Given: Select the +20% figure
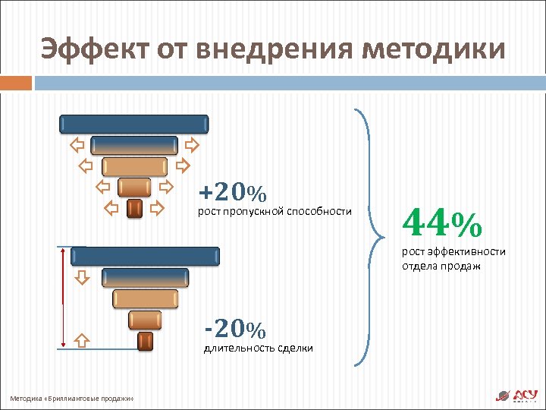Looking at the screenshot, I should coord(232,192).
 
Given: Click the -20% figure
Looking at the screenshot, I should coord(235,330).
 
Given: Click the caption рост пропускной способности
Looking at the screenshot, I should coord(275,210).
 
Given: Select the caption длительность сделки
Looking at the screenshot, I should coord(258,348).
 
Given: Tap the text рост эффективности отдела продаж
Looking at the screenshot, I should coord(453,259).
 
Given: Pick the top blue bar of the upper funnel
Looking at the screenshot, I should coord(133,123).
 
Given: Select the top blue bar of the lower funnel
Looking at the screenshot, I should coord(145,256).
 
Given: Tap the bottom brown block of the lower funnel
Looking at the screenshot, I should coord(145,342).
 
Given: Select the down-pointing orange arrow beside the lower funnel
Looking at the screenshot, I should coord(83,279).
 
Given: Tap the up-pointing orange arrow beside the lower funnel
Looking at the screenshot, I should coord(83,339).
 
